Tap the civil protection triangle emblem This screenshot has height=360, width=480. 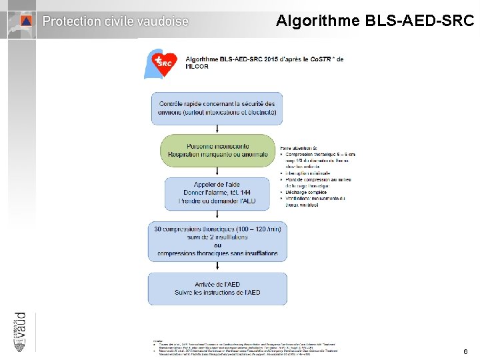click(25, 21)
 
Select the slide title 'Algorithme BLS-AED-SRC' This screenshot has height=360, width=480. click(375, 21)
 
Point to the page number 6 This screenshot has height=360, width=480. click(465, 351)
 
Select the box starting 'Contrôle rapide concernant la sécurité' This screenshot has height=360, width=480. click(217, 108)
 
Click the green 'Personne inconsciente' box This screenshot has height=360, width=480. click(217, 150)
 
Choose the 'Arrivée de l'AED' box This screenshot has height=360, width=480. click(217, 288)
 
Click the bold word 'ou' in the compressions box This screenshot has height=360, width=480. click(217, 245)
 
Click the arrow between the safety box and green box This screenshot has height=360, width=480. click(217, 129)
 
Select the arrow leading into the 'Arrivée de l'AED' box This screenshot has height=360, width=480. click(217, 267)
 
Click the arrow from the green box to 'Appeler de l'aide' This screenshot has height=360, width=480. click(217, 171)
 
